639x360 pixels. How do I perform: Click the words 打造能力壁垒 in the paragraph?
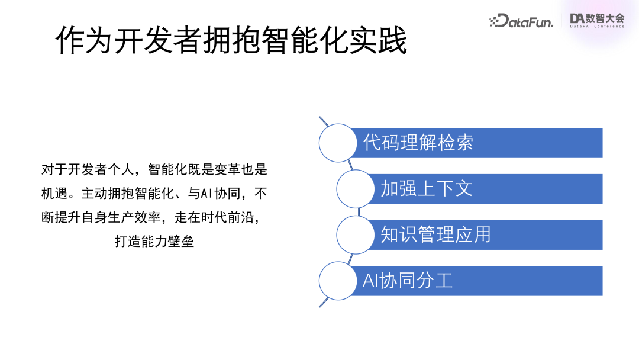(x=154, y=242)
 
